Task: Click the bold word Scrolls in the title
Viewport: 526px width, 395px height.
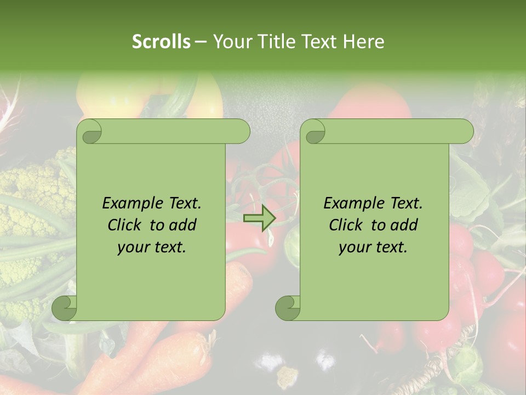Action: (161, 42)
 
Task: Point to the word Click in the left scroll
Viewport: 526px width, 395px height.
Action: (125, 225)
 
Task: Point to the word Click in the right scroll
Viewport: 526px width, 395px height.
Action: (346, 225)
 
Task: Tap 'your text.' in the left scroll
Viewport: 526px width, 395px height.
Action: (152, 247)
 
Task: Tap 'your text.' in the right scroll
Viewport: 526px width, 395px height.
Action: (373, 247)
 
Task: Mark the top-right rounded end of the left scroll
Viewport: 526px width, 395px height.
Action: (241, 132)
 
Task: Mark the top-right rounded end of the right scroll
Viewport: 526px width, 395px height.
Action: (465, 132)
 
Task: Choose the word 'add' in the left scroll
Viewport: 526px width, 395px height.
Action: (182, 225)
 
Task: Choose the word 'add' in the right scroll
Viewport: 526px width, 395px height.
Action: (404, 225)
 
